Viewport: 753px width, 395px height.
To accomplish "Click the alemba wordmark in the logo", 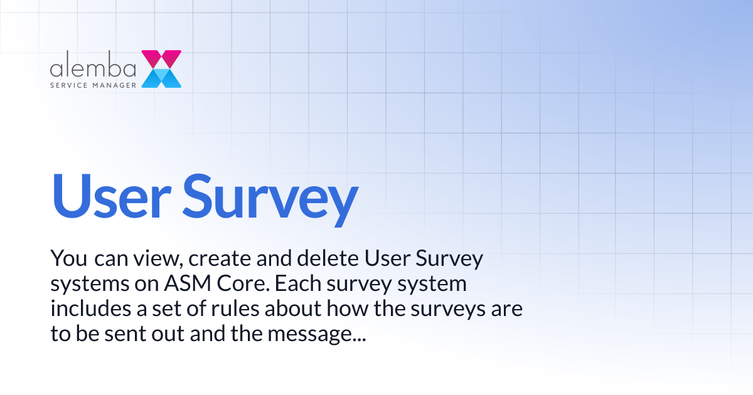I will point(93,67).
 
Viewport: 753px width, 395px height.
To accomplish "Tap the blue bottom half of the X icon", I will point(161,78).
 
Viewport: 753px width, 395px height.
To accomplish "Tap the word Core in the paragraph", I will point(243,284).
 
